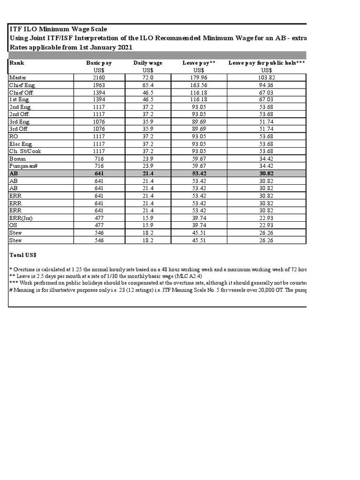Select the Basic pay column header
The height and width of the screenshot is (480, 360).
pyautogui.click(x=99, y=63)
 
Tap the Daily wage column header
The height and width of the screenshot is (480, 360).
pyautogui.click(x=148, y=63)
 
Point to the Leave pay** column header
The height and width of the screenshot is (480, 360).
pyautogui.click(x=199, y=63)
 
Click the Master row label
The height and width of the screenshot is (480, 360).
pyautogui.click(x=18, y=77)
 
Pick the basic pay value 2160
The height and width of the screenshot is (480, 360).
pyautogui.click(x=99, y=77)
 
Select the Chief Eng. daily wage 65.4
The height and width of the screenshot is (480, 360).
pyautogui.click(x=148, y=85)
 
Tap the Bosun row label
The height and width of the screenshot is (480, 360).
pyautogui.click(x=17, y=159)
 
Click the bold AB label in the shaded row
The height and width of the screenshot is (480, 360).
pyautogui.click(x=13, y=173)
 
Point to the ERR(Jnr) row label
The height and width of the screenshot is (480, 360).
pyautogui.click(x=21, y=217)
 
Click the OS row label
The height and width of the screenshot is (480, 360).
pyautogui.click(x=13, y=225)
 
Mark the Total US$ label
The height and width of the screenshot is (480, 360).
pyautogui.click(x=23, y=255)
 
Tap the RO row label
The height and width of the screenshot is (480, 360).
pyautogui.click(x=14, y=136)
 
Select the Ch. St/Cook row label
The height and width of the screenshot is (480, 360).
pyautogui.click(x=24, y=151)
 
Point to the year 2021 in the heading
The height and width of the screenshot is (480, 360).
pyautogui.click(x=124, y=47)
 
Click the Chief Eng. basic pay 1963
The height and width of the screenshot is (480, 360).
pyautogui.click(x=99, y=85)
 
